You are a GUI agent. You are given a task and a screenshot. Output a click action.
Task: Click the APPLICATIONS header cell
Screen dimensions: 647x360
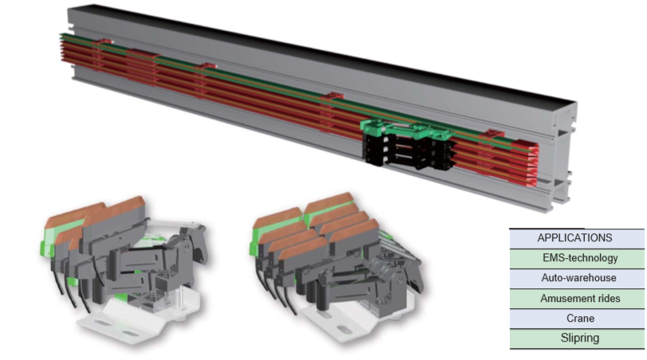tap(576, 238)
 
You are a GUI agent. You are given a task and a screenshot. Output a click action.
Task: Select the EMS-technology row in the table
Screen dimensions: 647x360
tap(576, 259)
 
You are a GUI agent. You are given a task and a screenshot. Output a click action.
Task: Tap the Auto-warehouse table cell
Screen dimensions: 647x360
tap(576, 278)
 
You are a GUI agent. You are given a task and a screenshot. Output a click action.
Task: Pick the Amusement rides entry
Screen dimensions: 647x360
tap(576, 298)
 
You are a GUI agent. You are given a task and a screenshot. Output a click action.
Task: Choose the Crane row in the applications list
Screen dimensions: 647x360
tap(576, 319)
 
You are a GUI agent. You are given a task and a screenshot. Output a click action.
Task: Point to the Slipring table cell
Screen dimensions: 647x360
tap(576, 338)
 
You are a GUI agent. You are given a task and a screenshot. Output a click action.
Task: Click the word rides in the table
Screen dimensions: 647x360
tap(607, 298)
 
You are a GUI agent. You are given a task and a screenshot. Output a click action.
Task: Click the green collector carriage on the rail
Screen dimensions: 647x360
tap(406, 129)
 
